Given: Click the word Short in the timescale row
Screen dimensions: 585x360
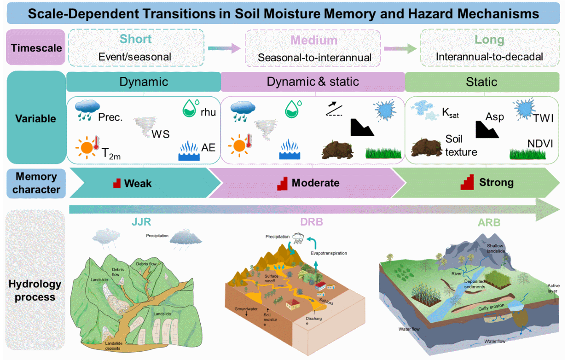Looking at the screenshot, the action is point(135,39).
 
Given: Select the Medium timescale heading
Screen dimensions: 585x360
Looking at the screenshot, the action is point(314,41).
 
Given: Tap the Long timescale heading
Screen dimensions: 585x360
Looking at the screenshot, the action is point(489,40).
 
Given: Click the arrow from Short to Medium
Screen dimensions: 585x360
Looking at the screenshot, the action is point(224,48).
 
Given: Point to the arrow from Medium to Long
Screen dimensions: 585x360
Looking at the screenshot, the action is point(400,49).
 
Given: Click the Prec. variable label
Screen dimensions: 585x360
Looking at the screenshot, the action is point(110,117).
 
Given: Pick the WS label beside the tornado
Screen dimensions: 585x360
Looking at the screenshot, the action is point(161,134).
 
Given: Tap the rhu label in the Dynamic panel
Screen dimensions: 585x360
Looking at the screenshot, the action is point(208,112).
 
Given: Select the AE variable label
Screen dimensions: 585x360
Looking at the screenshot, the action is point(208,148).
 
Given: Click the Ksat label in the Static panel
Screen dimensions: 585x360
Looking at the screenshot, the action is point(450,113).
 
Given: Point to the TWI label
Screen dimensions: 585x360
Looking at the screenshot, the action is point(543,118).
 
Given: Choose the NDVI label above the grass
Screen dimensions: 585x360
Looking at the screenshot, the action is point(540,144).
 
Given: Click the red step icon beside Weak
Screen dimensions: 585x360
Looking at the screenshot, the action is point(117,183).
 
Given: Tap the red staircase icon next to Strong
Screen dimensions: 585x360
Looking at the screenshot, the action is point(467,182).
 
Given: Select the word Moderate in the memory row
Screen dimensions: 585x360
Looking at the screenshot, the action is point(315,183).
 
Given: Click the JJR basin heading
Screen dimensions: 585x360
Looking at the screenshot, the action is point(141,222).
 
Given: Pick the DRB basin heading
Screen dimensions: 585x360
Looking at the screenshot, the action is point(312,222).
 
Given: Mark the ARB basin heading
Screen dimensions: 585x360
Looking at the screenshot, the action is point(489,223).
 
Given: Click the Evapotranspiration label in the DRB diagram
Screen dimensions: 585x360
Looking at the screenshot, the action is point(329,253).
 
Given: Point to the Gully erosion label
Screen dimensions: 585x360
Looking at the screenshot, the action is point(491,307).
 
